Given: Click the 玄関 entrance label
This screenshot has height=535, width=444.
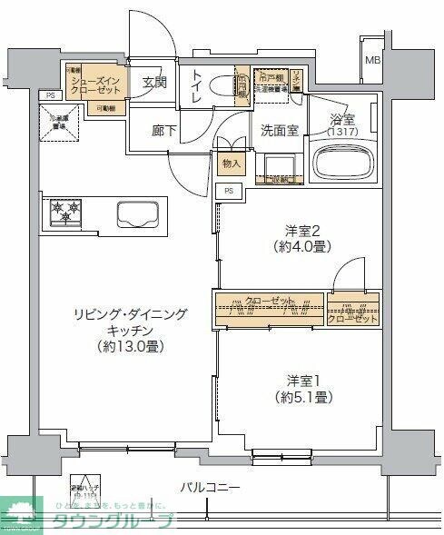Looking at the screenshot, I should (155, 82).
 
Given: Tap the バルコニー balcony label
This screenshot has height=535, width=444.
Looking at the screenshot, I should (210, 489).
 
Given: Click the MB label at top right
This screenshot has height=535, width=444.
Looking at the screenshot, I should (372, 62).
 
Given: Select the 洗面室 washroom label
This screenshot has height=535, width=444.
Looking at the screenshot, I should (280, 130).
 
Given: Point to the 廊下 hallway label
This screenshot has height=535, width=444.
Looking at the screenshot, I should (164, 130).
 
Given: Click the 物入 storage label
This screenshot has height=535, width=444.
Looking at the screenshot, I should (232, 163).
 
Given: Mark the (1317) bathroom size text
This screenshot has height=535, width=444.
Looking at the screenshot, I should (342, 131).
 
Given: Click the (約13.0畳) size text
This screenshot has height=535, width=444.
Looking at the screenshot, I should (132, 347).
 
